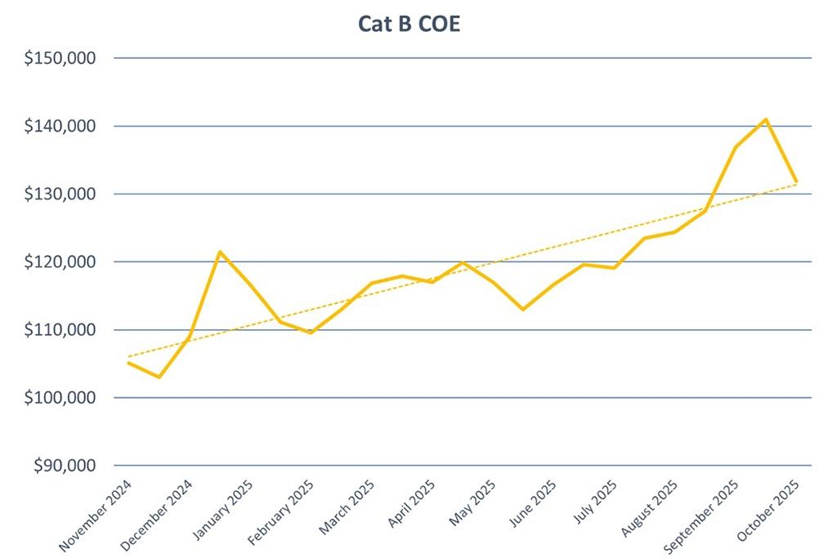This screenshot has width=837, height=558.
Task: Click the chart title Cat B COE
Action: coord(409,25)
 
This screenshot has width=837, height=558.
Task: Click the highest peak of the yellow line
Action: coord(765,119)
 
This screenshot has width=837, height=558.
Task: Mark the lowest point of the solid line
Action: coord(159,377)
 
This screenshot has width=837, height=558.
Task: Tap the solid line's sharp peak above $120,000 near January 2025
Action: coord(219,252)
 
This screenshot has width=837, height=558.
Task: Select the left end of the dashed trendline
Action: coord(128,357)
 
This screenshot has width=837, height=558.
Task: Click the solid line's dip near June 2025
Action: coord(522,309)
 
